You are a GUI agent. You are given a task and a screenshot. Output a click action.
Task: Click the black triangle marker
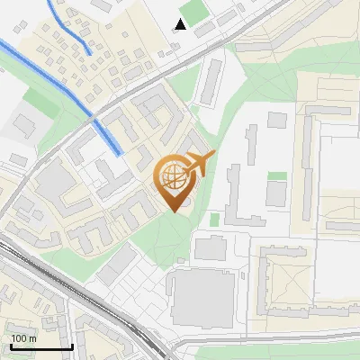click(181, 24)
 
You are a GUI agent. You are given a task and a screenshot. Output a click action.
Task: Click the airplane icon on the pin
click(199, 164)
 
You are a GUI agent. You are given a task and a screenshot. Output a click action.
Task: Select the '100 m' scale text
click(24, 338)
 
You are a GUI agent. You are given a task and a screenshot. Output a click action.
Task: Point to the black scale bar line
click(41, 346)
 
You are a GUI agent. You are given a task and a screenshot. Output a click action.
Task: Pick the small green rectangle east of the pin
click(277, 175)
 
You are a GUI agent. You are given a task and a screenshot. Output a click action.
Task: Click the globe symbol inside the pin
click(172, 176)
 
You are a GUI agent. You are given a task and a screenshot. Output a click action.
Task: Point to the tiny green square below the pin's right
click(215, 219)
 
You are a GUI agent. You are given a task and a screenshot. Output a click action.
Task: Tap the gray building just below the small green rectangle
click(276, 193)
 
